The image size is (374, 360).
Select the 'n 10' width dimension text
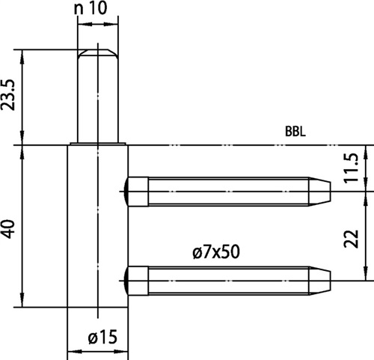pos(91,8)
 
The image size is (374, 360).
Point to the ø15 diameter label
pos(102,337)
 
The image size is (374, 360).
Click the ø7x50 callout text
pos(216,251)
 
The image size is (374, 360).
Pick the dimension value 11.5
pos(351,168)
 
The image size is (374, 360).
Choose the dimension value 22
pos(351,238)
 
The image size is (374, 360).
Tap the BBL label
pos(295,132)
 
